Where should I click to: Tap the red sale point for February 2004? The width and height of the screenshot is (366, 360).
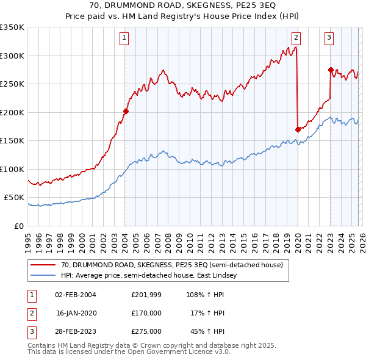coord(126,111)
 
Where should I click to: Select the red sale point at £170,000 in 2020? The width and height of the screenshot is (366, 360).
coord(298,129)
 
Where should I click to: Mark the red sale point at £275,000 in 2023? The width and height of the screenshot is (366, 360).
coord(331,70)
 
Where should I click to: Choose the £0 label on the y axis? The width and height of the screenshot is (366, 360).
coord(18,226)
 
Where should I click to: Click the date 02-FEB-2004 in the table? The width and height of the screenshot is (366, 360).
coord(76,295)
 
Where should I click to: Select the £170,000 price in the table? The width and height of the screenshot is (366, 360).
coord(146,313)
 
